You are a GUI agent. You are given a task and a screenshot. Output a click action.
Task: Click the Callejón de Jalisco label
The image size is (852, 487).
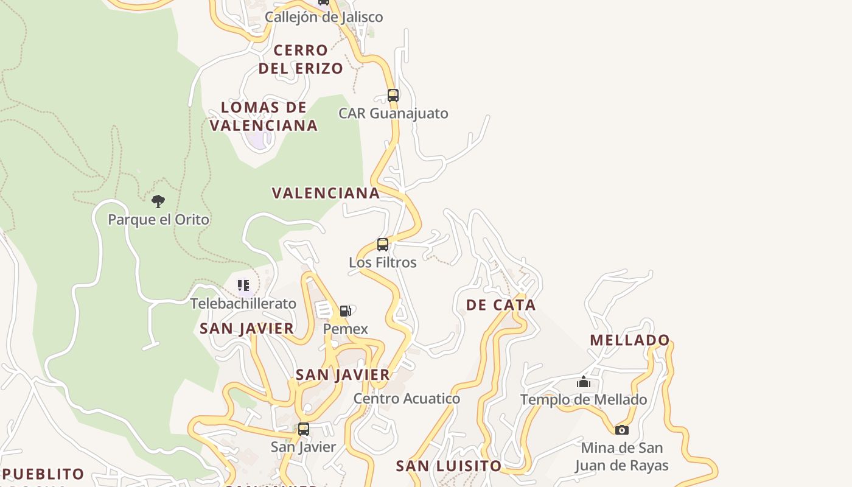tap(324, 17)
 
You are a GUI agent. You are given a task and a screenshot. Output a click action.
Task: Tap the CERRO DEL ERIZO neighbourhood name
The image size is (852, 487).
tap(301, 59)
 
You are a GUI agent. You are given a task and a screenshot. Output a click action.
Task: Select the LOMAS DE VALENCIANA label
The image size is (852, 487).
tap(264, 116)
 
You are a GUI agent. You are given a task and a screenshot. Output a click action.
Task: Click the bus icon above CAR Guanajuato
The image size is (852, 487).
tap(393, 95)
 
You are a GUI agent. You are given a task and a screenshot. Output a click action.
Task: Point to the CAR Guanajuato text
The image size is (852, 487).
tap(393, 113)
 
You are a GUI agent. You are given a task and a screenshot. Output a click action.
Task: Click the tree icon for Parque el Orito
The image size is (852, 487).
tap(158, 201)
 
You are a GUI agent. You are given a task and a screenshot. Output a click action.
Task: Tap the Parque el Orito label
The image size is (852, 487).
tap(158, 220)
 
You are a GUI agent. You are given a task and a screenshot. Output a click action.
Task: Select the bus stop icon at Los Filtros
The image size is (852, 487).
tap(383, 245)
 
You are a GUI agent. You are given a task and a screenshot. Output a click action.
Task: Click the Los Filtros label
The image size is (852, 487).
tap(383, 262)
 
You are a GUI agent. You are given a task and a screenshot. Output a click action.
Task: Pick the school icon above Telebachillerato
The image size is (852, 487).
tap(243, 286)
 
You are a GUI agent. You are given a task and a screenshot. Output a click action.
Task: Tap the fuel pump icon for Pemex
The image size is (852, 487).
tap(345, 311)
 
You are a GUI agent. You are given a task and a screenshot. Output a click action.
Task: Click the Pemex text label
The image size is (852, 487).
tap(345, 329)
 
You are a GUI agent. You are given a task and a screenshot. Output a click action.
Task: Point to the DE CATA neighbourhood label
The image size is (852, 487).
tap(501, 305)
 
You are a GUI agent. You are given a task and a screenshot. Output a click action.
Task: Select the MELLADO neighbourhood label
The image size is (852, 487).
tap(630, 340)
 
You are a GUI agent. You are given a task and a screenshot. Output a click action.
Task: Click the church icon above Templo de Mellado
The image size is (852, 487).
tap(584, 382)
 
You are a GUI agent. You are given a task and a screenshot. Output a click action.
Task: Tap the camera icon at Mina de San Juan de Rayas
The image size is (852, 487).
tap(621, 430)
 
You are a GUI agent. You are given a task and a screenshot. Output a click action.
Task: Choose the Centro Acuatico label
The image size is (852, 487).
tap(407, 399)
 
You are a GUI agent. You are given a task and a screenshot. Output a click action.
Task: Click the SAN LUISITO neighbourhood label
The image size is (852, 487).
tap(449, 466)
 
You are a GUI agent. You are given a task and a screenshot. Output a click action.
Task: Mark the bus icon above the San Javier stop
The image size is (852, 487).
tap(303, 429)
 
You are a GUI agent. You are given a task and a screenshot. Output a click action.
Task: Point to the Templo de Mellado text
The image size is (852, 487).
tap(584, 400)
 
